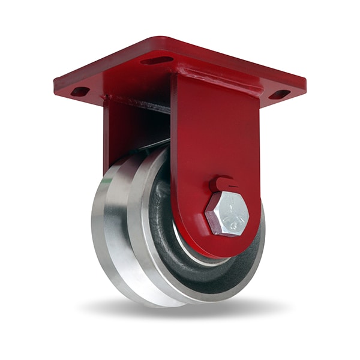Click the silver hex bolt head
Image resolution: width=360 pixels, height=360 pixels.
(x=227, y=214)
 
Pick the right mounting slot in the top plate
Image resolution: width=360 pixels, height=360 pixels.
(x=279, y=94)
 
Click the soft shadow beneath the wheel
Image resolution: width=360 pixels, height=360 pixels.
(x=180, y=312)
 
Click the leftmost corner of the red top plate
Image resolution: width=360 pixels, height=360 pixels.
(x=56, y=84)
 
